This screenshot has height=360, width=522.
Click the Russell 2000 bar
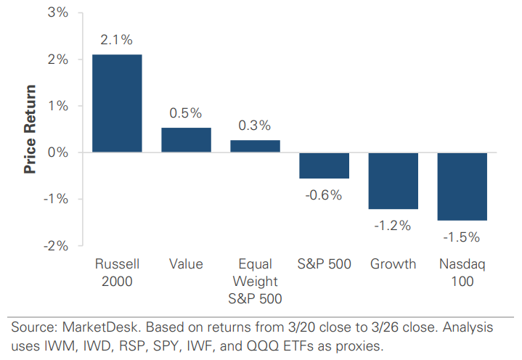coord(117,103)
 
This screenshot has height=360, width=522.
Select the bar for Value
coord(186,140)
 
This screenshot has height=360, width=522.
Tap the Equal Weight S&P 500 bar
coord(255,146)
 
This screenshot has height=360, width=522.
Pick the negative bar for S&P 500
coord(325,165)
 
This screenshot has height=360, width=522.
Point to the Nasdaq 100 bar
coord(462,187)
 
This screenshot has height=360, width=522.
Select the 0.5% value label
coord(186,114)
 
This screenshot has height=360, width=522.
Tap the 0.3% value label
coord(255,126)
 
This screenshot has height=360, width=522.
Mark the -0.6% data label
coord(324,195)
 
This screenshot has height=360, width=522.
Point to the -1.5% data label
coord(462,236)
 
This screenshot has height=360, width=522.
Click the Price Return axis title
coord(30,129)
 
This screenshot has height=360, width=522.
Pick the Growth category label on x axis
coord(393,263)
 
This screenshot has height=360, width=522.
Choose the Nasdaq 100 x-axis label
coord(462,271)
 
